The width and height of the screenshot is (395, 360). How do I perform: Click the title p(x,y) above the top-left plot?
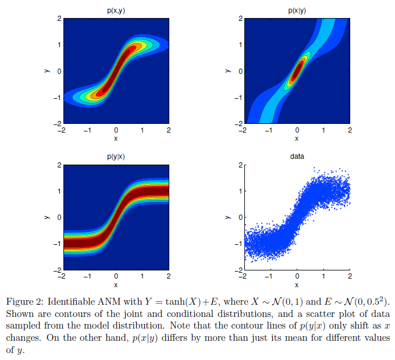click(116, 10)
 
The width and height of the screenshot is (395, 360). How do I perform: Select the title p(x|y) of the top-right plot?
click(297, 10)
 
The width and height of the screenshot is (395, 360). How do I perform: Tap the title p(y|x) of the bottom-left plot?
click(116, 157)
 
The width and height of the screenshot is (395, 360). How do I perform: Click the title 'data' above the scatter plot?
click(297, 157)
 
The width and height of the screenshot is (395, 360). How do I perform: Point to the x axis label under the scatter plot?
click(297, 285)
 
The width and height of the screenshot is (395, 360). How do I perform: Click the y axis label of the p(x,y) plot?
click(46, 71)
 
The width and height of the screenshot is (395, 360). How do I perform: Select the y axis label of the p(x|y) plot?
click(227, 71)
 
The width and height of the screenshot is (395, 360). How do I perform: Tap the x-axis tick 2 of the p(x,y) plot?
click(169, 130)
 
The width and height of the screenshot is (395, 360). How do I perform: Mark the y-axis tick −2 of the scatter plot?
click(237, 270)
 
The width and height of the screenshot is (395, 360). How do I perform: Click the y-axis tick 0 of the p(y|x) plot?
click(58, 218)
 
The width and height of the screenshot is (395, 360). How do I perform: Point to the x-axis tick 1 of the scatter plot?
click(323, 277)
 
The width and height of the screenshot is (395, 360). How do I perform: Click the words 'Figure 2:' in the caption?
click(23, 301)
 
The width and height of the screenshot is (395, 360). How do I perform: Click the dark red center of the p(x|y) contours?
click(297, 72)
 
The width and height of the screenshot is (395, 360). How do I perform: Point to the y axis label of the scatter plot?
click(227, 218)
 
